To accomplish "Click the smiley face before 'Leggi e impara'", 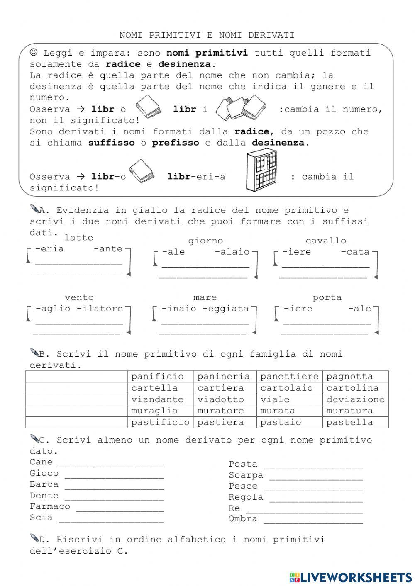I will tap(34, 52).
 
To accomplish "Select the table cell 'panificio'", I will tap(157, 377).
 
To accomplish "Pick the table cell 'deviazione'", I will tap(355, 399).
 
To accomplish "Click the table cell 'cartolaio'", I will tap(289, 388).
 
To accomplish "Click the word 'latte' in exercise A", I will tap(79, 238).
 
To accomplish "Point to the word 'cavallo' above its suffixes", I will tap(326, 241).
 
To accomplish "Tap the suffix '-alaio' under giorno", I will tap(232, 252).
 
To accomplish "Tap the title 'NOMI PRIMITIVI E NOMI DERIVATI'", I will tap(207, 35).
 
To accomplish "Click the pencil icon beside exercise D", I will tap(34, 538).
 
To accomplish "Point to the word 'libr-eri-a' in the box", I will tap(196, 177).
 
